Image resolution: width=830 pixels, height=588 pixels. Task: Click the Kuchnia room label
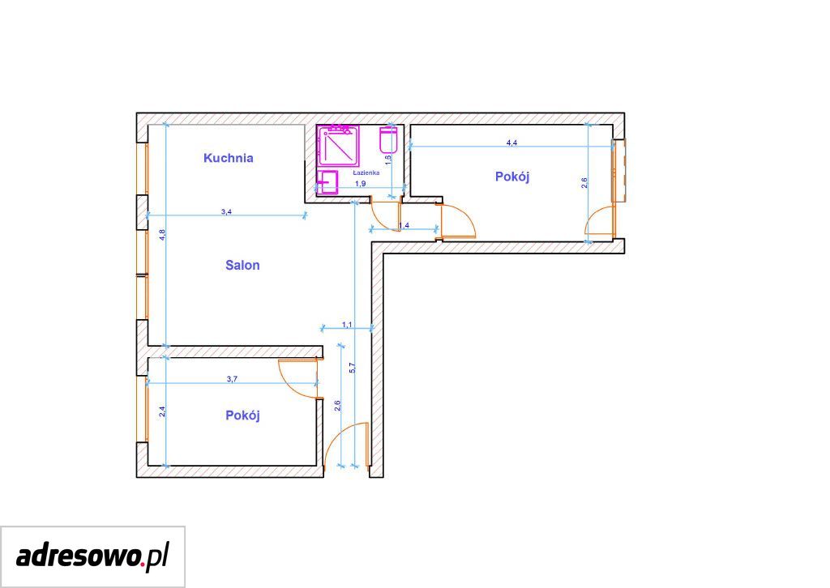(228, 158)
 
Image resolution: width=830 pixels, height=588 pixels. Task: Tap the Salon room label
(242, 265)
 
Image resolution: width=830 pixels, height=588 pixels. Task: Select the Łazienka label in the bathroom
(366, 173)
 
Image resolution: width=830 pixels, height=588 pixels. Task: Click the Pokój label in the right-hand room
(512, 177)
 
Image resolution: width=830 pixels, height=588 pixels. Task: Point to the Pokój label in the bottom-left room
(242, 415)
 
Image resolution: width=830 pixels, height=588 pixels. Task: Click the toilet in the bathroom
(388, 139)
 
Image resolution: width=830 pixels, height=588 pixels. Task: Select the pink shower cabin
(338, 147)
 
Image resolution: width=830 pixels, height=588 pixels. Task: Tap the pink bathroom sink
(327, 183)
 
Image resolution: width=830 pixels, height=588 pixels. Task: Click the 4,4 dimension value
(512, 143)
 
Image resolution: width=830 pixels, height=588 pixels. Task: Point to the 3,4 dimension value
(226, 212)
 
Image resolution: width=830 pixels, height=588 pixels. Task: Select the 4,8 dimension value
(162, 233)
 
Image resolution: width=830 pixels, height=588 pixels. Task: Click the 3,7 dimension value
(232, 378)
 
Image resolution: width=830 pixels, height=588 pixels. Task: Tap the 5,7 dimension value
(353, 368)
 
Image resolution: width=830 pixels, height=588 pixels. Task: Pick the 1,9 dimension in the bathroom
(360, 184)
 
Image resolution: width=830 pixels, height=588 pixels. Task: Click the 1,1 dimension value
(347, 324)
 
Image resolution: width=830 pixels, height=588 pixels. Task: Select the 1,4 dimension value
(404, 225)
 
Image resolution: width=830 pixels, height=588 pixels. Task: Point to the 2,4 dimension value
(162, 411)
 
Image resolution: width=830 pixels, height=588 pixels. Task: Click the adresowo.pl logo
(92, 556)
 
